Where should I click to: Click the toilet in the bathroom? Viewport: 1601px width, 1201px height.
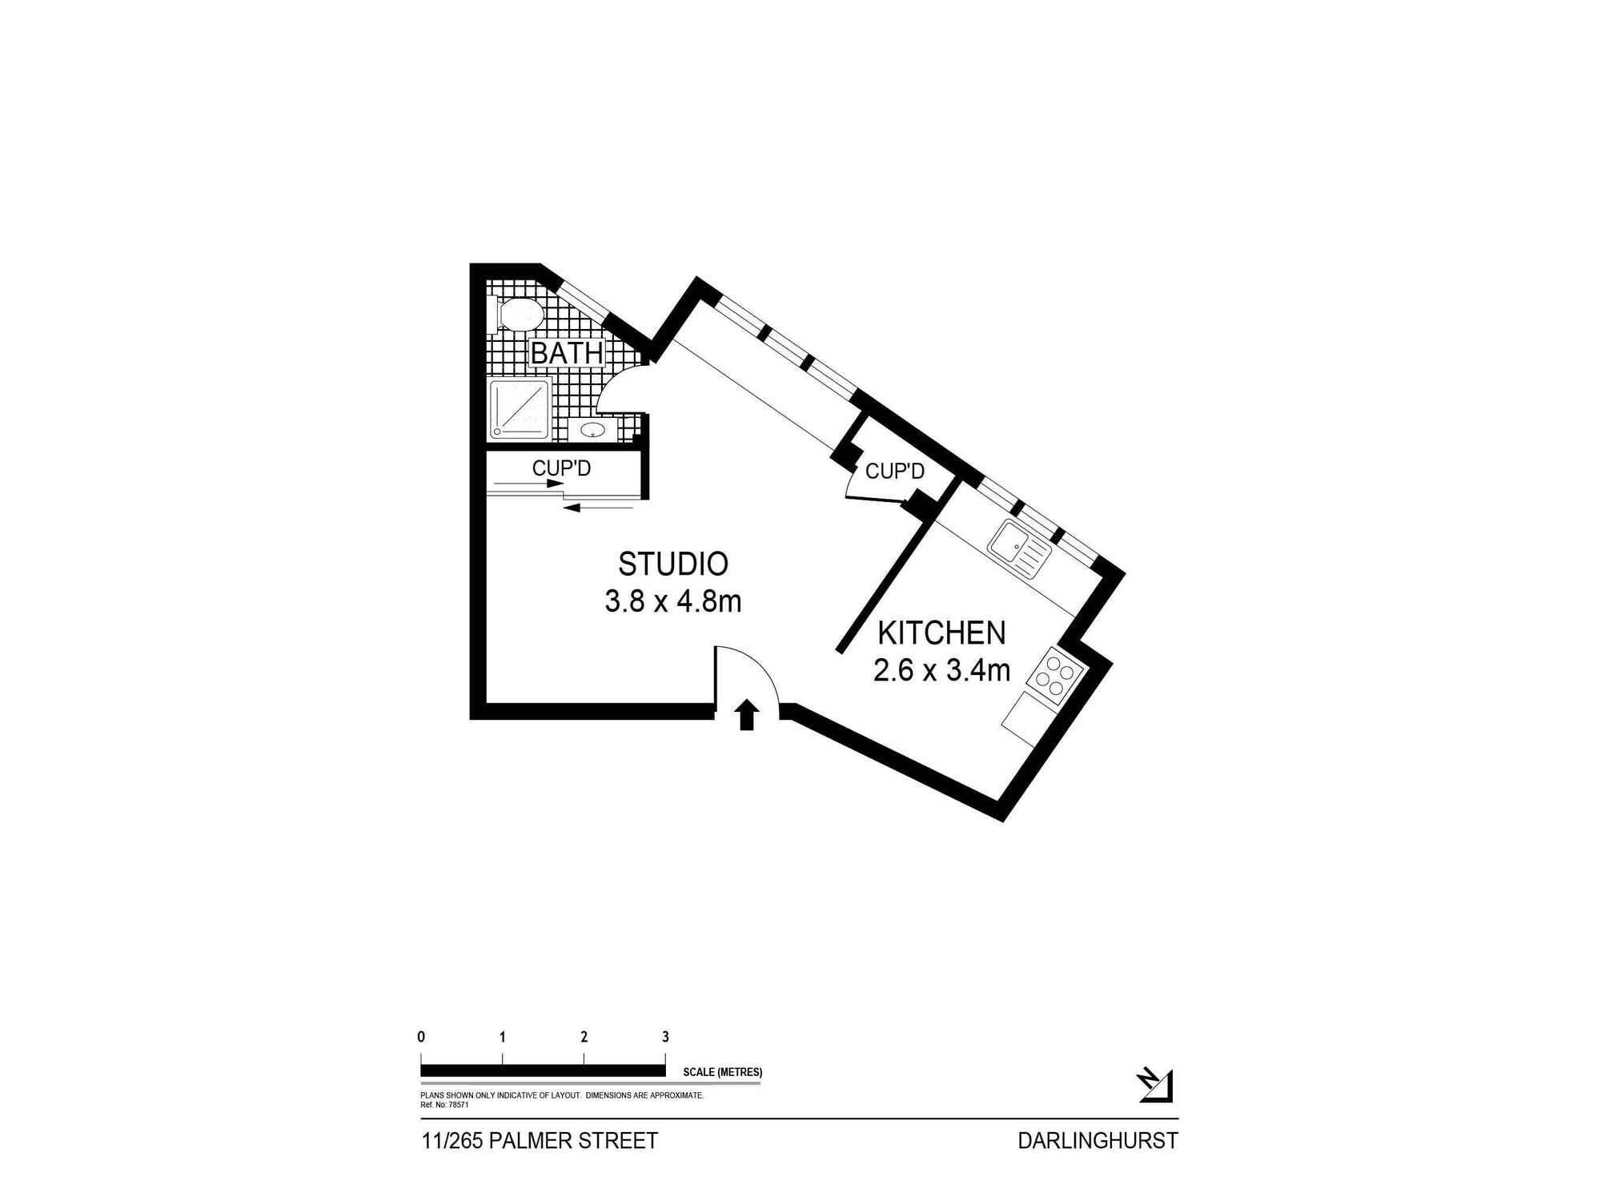[518, 314]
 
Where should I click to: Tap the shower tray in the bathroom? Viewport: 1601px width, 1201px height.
[520, 409]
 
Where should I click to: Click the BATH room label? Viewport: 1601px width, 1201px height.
[567, 352]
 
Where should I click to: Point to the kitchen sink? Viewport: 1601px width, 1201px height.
[1018, 548]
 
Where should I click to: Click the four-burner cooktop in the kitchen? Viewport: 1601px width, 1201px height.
[1055, 675]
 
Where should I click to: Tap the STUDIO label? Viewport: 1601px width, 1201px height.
[673, 564]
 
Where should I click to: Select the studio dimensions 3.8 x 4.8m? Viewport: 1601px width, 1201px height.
[673, 601]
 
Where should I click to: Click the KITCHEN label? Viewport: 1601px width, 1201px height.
[941, 633]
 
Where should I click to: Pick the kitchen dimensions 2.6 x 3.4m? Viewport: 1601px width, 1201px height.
[941, 670]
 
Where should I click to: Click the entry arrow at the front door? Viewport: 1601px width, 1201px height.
[747, 714]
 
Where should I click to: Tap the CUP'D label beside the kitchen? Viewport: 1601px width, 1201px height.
[895, 471]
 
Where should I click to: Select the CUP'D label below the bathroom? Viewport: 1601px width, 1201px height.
[561, 468]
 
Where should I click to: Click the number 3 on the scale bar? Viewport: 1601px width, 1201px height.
[665, 1037]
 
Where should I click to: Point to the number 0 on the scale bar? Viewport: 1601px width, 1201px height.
[421, 1037]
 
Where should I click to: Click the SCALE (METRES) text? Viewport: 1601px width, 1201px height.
[722, 1072]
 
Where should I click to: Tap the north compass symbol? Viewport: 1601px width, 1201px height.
[1155, 1085]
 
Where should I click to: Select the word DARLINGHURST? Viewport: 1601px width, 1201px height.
[1097, 1141]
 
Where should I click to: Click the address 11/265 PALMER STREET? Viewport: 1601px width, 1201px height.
[540, 1141]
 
